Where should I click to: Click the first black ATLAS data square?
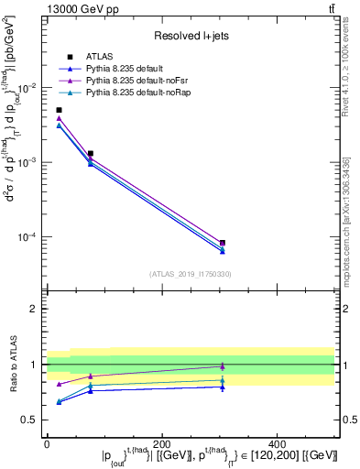pyautogui.click(x=59, y=110)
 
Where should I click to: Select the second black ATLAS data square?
pyautogui.click(x=90, y=154)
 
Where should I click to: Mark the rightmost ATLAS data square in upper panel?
pyautogui.click(x=223, y=243)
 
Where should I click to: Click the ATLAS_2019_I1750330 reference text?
pyautogui.click(x=190, y=274)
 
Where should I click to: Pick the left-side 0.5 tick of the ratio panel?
pyautogui.click(x=31, y=420)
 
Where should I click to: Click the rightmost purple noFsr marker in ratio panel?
pyautogui.click(x=223, y=366)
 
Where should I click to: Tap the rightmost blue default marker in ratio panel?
pyautogui.click(x=223, y=387)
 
